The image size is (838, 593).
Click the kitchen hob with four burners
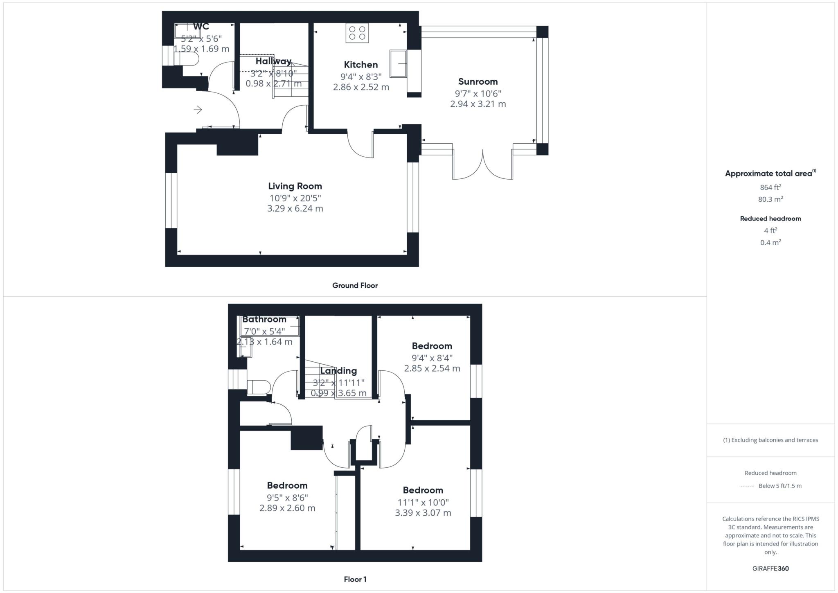coord(357,33)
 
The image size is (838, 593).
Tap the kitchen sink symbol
coord(398,63)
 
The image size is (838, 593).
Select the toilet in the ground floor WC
coord(189,60)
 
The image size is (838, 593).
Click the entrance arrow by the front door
coord(198,110)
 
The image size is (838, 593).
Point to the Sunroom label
coord(478,81)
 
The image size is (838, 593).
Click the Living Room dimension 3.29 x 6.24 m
coord(295,208)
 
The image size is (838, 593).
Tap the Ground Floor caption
coord(355,286)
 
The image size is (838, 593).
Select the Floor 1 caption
coord(355,579)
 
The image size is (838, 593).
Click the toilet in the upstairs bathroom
coord(259,387)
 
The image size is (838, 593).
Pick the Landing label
coord(338,371)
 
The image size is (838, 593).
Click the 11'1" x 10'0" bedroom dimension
coord(423,502)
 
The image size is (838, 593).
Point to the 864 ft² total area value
coord(770,187)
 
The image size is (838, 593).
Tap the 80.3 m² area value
coord(770,199)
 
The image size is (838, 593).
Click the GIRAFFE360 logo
coord(770,568)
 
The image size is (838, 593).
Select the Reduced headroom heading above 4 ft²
coord(770,219)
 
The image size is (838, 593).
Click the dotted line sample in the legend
coord(747,486)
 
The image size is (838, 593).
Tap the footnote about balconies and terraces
coord(770,440)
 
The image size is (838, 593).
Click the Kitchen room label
coord(360,65)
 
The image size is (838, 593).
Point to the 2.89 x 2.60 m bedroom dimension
coord(287,508)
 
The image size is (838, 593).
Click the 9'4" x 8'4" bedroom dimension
coord(432,358)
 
